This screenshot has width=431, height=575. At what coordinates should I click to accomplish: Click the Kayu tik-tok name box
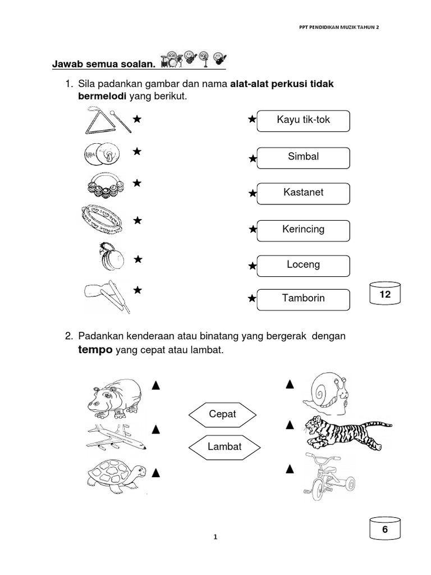coord(303,121)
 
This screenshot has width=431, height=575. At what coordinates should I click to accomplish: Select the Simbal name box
coord(303,157)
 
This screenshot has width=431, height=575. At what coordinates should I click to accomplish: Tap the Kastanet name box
coord(303,193)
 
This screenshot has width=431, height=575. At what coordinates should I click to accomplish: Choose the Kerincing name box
coord(303,230)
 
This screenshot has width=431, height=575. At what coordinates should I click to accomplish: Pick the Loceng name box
coord(303,265)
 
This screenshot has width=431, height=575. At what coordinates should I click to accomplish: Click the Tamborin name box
coord(303,299)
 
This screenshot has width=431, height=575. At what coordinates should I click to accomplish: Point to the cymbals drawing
coord(102,153)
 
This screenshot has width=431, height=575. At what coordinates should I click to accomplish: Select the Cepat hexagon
coord(223,414)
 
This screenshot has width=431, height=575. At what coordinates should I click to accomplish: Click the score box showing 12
coord(385,294)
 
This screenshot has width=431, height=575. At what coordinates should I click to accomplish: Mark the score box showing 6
coord(385,530)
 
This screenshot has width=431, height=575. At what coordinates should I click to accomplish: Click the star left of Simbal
coord(253,159)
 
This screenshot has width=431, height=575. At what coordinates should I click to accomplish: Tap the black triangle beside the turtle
coord(157,471)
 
